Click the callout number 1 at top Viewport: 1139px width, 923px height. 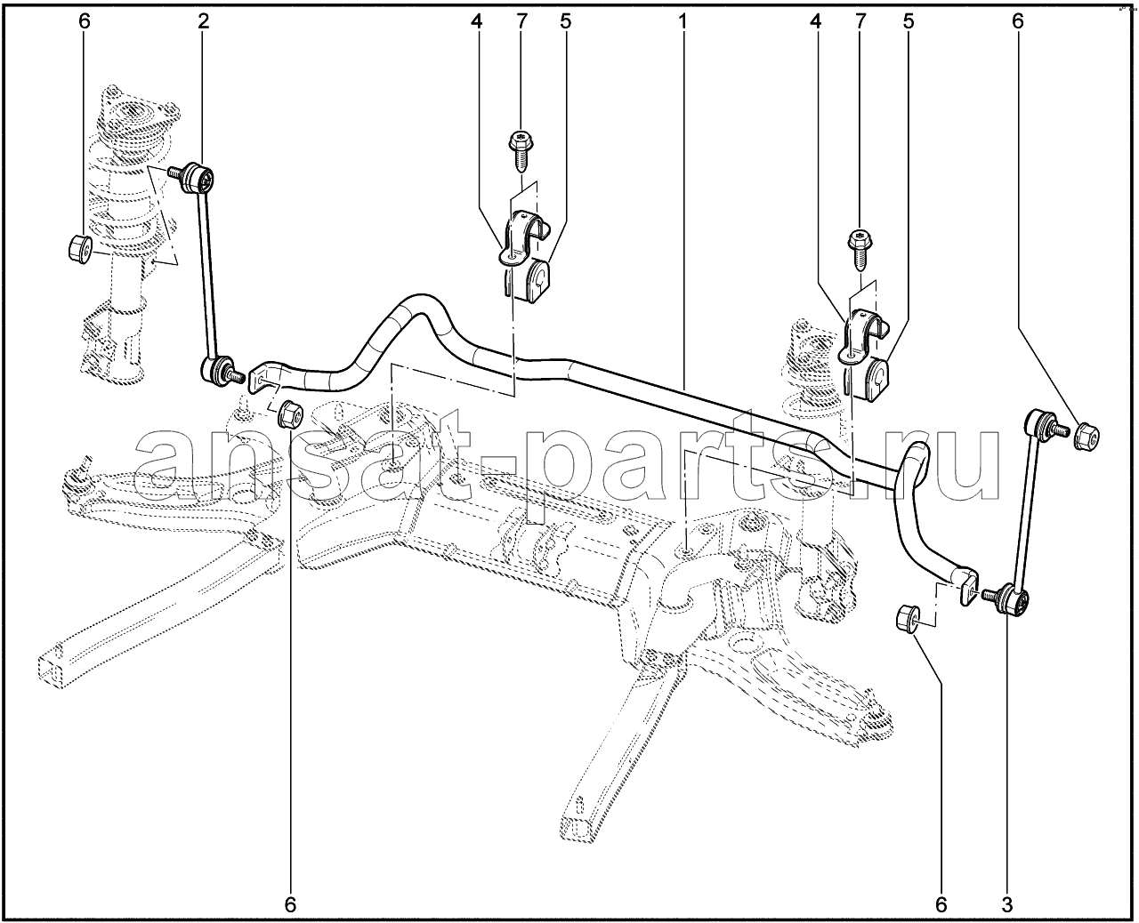tap(682, 22)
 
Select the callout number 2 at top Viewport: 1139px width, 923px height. tap(203, 22)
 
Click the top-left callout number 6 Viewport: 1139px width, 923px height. tap(84, 22)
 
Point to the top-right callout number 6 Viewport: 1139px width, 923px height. tap(1018, 22)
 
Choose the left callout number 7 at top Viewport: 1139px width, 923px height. tap(521, 22)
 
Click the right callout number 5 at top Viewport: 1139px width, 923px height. tap(909, 22)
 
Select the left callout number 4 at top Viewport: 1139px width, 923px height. tap(476, 22)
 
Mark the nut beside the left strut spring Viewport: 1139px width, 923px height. tap(80, 247)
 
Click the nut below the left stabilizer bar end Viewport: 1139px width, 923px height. tap(290, 413)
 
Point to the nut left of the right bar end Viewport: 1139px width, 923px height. tap(908, 618)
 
